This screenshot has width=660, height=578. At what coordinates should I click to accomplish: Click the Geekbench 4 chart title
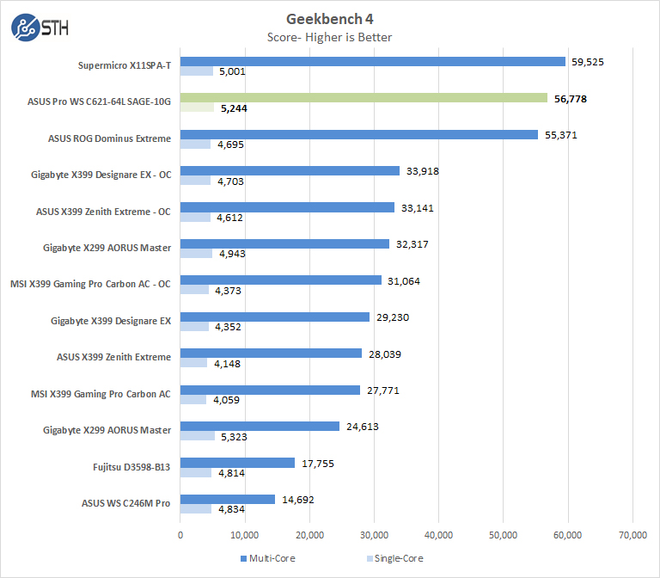tap(331, 19)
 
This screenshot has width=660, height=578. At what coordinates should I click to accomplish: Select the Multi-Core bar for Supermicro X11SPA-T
tap(373, 61)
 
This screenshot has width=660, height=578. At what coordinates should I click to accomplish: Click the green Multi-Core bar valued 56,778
tap(364, 98)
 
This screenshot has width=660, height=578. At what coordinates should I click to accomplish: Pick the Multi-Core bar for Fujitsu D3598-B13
tap(238, 462)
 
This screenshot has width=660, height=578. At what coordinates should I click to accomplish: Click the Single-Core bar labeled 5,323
tap(198, 436)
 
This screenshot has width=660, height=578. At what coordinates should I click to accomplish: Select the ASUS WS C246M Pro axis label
tap(127, 502)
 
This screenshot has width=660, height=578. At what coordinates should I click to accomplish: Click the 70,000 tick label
tap(632, 534)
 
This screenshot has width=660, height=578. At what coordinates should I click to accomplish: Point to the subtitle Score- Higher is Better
tap(331, 37)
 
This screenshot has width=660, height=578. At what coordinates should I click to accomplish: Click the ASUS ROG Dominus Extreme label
tap(109, 138)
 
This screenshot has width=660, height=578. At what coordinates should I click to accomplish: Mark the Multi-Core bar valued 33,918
tap(290, 170)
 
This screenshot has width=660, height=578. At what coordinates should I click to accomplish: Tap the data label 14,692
tap(296, 499)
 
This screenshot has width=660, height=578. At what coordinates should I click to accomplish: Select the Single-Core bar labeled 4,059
tap(193, 400)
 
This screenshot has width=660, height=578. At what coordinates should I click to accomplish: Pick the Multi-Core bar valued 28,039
tap(271, 353)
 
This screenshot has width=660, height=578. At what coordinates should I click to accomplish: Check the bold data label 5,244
tap(234, 108)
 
